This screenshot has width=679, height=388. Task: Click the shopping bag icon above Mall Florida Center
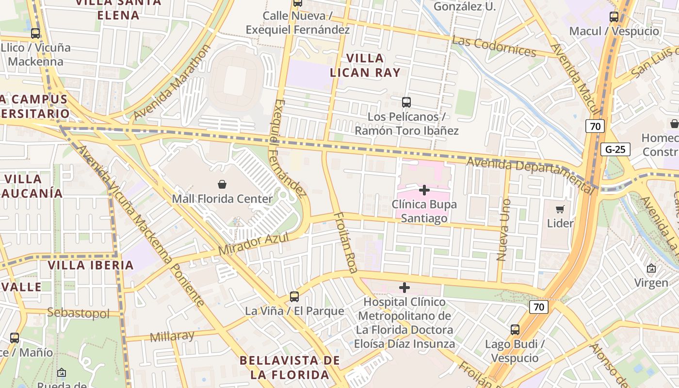point(222,184)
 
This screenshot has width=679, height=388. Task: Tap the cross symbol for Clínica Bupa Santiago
point(424,190)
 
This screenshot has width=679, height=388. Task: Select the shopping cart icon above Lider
point(560,209)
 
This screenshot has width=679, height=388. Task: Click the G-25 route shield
point(615,149)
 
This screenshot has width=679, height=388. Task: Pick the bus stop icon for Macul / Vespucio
point(614,17)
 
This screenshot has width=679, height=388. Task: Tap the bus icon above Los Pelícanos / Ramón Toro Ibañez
point(406,102)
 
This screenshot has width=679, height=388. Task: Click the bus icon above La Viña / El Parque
point(294,296)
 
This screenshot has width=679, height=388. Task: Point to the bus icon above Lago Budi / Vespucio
point(515,330)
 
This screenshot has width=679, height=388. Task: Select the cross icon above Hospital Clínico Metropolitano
point(404,288)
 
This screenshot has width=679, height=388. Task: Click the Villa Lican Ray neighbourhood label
point(365,65)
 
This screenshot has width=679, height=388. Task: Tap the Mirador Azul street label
point(254,244)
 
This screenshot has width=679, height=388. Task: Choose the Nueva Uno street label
point(504,230)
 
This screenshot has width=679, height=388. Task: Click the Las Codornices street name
point(494,46)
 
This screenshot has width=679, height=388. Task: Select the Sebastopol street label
point(78,313)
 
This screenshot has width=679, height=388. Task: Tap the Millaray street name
point(172,336)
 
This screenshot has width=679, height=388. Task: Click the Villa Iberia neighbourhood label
point(91,265)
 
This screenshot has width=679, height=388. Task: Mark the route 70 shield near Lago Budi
point(538,307)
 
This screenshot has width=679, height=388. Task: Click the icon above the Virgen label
point(651,268)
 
